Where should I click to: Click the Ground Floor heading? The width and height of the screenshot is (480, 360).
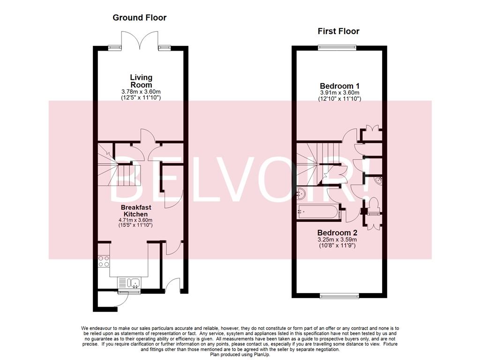(139, 18)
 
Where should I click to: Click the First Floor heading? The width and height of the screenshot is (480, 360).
(338, 31)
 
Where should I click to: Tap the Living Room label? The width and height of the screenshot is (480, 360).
(141, 81)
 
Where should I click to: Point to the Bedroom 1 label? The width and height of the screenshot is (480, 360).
(339, 86)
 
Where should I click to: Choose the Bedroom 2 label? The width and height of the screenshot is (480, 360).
(337, 232)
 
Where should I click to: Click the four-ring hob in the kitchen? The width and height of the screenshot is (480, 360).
(104, 261)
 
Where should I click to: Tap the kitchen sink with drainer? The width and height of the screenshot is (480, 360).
(129, 283)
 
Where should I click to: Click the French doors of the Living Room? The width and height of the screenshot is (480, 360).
(140, 40)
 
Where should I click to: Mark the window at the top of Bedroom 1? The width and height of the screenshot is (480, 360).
(337, 46)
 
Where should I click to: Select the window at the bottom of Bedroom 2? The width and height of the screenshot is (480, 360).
(338, 295)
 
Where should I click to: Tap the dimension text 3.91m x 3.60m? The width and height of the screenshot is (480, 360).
(339, 93)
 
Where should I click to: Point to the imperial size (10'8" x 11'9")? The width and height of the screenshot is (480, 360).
(337, 245)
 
